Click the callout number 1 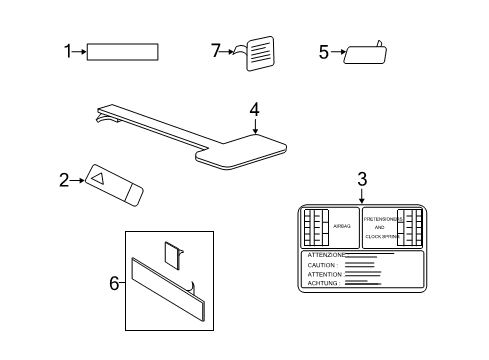click(x=68, y=51)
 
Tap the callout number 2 click(x=64, y=180)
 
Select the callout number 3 click(x=362, y=179)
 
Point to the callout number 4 click(x=254, y=109)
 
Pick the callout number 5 click(x=323, y=51)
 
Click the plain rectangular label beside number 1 click(x=123, y=52)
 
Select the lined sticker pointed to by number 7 click(x=260, y=53)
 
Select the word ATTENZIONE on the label click(x=327, y=256)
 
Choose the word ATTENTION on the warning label click(x=325, y=274)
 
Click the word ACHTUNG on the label click(x=323, y=283)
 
